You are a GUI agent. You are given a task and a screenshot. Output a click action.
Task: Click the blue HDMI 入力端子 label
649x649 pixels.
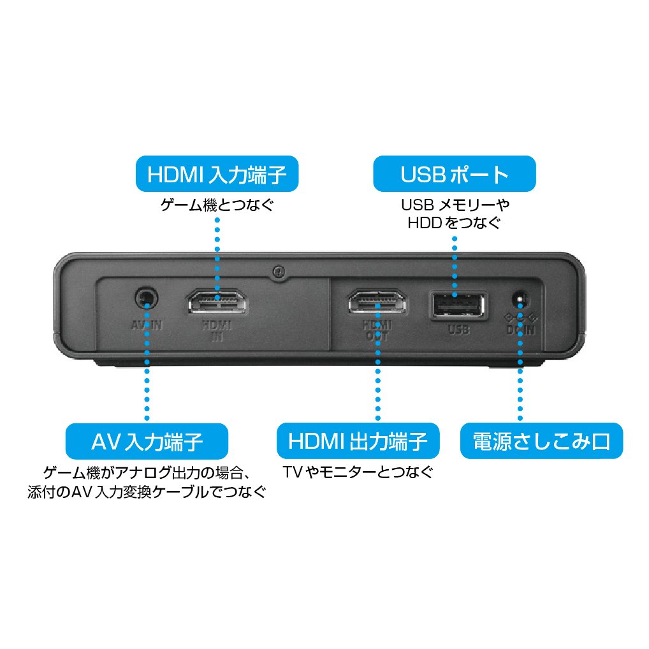click(217, 174)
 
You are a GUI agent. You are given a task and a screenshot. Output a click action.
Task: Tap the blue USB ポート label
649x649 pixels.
click(454, 174)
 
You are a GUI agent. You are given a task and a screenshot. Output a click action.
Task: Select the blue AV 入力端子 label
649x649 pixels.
click(147, 441)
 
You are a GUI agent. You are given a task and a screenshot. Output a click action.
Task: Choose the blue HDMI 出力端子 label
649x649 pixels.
click(358, 441)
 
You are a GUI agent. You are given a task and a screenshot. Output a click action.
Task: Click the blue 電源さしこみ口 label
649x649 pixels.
click(541, 441)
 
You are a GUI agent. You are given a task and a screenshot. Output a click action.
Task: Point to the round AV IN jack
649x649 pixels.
click(147, 298)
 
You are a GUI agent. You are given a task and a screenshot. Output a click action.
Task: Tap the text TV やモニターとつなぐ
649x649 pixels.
click(357, 472)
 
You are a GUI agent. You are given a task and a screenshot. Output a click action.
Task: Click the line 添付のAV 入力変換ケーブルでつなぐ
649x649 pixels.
click(147, 492)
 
